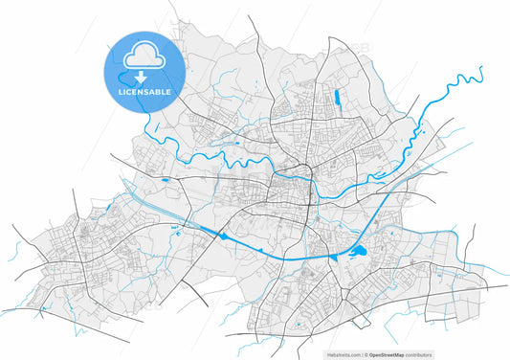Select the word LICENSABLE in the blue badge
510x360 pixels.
point(144,92)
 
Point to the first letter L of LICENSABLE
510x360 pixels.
point(119,92)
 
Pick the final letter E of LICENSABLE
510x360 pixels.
point(168,92)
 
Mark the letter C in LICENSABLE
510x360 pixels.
point(129,92)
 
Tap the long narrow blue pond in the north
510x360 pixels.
point(337,96)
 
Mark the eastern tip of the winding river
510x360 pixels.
point(480,68)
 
